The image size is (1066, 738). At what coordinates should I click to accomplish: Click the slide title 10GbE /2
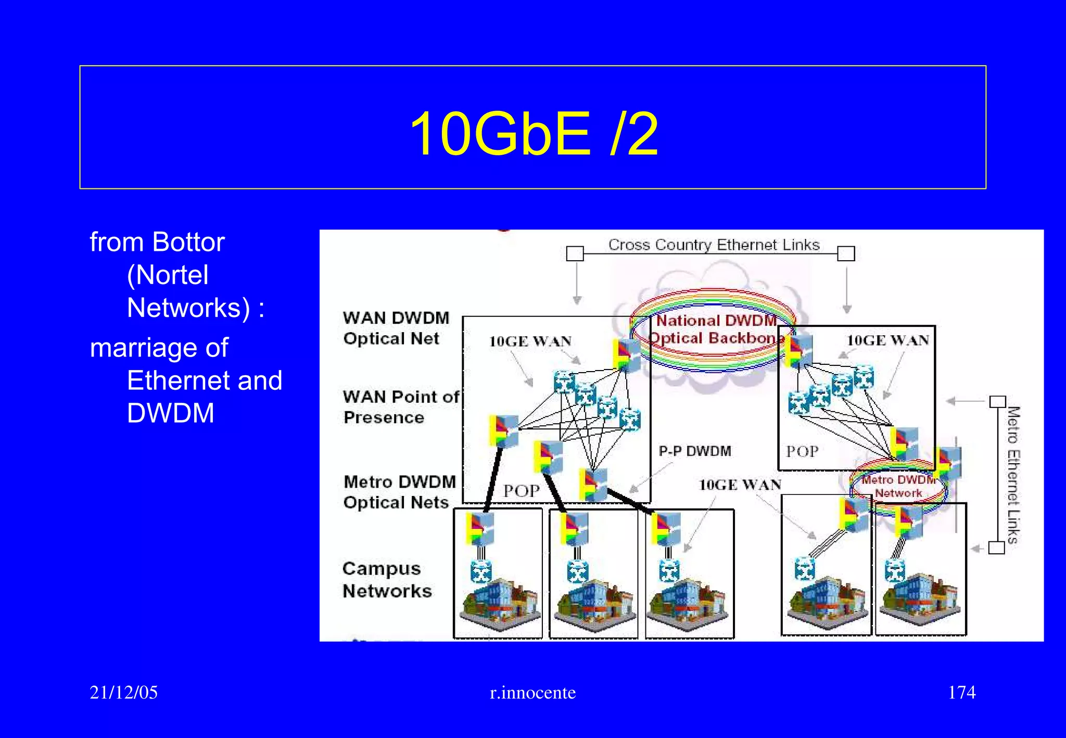534,134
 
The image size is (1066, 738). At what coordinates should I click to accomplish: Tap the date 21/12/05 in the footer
123,692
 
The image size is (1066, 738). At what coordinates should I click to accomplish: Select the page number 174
961,692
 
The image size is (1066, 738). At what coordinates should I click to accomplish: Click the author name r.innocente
532,693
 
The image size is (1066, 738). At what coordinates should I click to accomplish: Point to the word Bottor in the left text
188,243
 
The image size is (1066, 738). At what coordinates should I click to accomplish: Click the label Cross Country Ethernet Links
714,245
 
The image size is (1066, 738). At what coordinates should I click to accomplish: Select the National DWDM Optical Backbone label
716,329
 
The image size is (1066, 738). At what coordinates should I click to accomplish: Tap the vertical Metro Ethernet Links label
1012,475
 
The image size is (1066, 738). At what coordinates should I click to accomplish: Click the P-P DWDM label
694,451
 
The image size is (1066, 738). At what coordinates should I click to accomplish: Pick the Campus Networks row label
387,580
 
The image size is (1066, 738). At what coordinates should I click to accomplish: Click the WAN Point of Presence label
401,407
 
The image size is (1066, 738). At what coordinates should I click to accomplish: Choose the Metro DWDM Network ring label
898,486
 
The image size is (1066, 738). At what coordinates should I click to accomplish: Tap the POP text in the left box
521,491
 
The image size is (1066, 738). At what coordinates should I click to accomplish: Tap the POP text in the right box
802,451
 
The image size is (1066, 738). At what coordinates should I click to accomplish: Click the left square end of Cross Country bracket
575,253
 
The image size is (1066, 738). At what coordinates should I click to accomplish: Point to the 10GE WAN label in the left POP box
530,341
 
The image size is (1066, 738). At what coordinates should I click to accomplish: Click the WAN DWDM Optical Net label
396,328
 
